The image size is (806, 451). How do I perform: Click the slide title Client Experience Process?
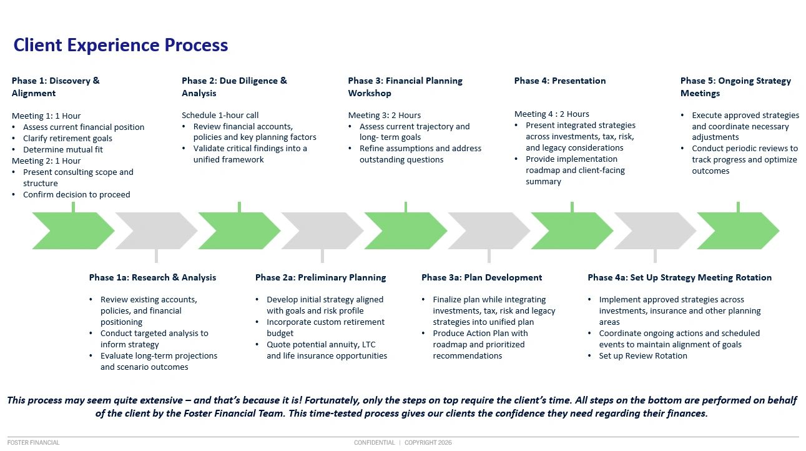[x=120, y=46]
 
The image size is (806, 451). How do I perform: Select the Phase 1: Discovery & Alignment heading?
[x=56, y=87]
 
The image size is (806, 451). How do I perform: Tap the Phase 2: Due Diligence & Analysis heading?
[x=234, y=87]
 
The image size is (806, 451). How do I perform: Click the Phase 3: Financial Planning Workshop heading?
[x=405, y=87]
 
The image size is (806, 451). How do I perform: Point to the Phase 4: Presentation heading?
[x=560, y=81]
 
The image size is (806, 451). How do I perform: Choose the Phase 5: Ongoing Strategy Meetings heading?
[x=735, y=87]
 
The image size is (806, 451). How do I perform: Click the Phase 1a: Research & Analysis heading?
[x=152, y=277]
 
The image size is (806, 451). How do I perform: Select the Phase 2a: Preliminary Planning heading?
[x=320, y=277]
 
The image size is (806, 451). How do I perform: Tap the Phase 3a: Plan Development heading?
[x=481, y=277]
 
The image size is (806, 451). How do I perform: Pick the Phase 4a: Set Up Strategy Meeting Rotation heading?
[x=679, y=277]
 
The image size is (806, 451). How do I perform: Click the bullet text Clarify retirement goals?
[x=67, y=138]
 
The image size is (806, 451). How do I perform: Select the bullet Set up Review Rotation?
[x=643, y=355]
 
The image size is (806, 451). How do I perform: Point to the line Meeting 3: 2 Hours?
[x=385, y=115]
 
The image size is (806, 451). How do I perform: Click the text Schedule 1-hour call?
[x=220, y=115]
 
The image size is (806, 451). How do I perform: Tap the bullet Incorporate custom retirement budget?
[x=325, y=327]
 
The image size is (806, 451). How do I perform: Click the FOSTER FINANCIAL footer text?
[x=34, y=443]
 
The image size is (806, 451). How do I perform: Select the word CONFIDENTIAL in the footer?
[x=374, y=443]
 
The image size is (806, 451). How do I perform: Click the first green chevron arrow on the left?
[x=73, y=230]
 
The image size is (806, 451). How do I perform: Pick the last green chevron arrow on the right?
[x=738, y=230]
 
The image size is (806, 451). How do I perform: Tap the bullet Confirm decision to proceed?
[x=76, y=194]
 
